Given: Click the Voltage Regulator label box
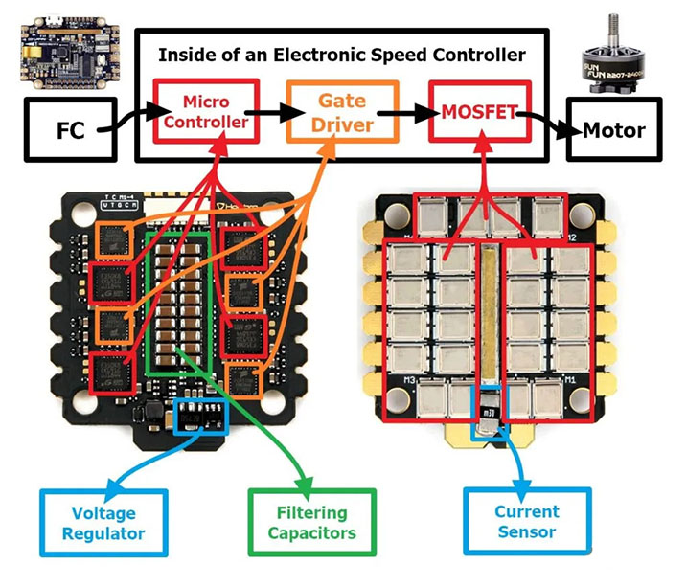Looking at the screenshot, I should [x=103, y=522].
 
